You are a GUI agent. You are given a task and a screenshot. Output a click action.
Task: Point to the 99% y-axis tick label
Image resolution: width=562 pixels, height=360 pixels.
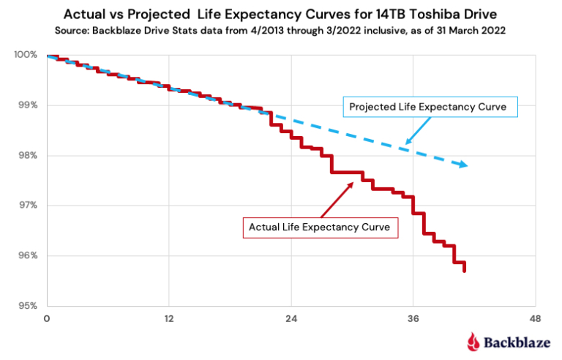27,105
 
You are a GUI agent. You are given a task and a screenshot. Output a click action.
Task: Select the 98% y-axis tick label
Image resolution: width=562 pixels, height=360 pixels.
27,156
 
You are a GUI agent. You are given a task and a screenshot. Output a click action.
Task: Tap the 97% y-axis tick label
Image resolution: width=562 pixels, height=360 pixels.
27,206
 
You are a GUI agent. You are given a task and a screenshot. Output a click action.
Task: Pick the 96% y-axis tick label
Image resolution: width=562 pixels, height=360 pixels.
27,256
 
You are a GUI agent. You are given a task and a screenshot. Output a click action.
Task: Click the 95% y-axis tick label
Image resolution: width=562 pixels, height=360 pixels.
27,306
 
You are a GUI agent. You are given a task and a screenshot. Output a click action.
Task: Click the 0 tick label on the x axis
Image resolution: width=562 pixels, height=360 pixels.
47,319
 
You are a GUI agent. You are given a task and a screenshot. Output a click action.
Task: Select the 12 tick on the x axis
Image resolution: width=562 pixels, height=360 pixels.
168,319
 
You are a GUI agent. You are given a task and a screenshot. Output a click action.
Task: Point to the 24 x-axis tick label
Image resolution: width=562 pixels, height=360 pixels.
291,319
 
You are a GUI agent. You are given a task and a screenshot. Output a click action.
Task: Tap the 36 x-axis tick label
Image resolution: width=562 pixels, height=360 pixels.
413,319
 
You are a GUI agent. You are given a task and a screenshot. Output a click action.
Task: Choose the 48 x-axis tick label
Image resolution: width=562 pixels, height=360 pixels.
536,319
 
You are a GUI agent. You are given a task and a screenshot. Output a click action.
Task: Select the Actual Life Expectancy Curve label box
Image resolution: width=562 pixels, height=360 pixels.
320,228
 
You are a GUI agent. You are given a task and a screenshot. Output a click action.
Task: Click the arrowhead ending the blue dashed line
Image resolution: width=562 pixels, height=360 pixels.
463,165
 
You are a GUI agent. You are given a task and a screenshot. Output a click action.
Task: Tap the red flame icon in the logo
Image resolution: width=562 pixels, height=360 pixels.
473,341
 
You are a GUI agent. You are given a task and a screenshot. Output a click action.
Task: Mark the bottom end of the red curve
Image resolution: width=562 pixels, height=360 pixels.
465,271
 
